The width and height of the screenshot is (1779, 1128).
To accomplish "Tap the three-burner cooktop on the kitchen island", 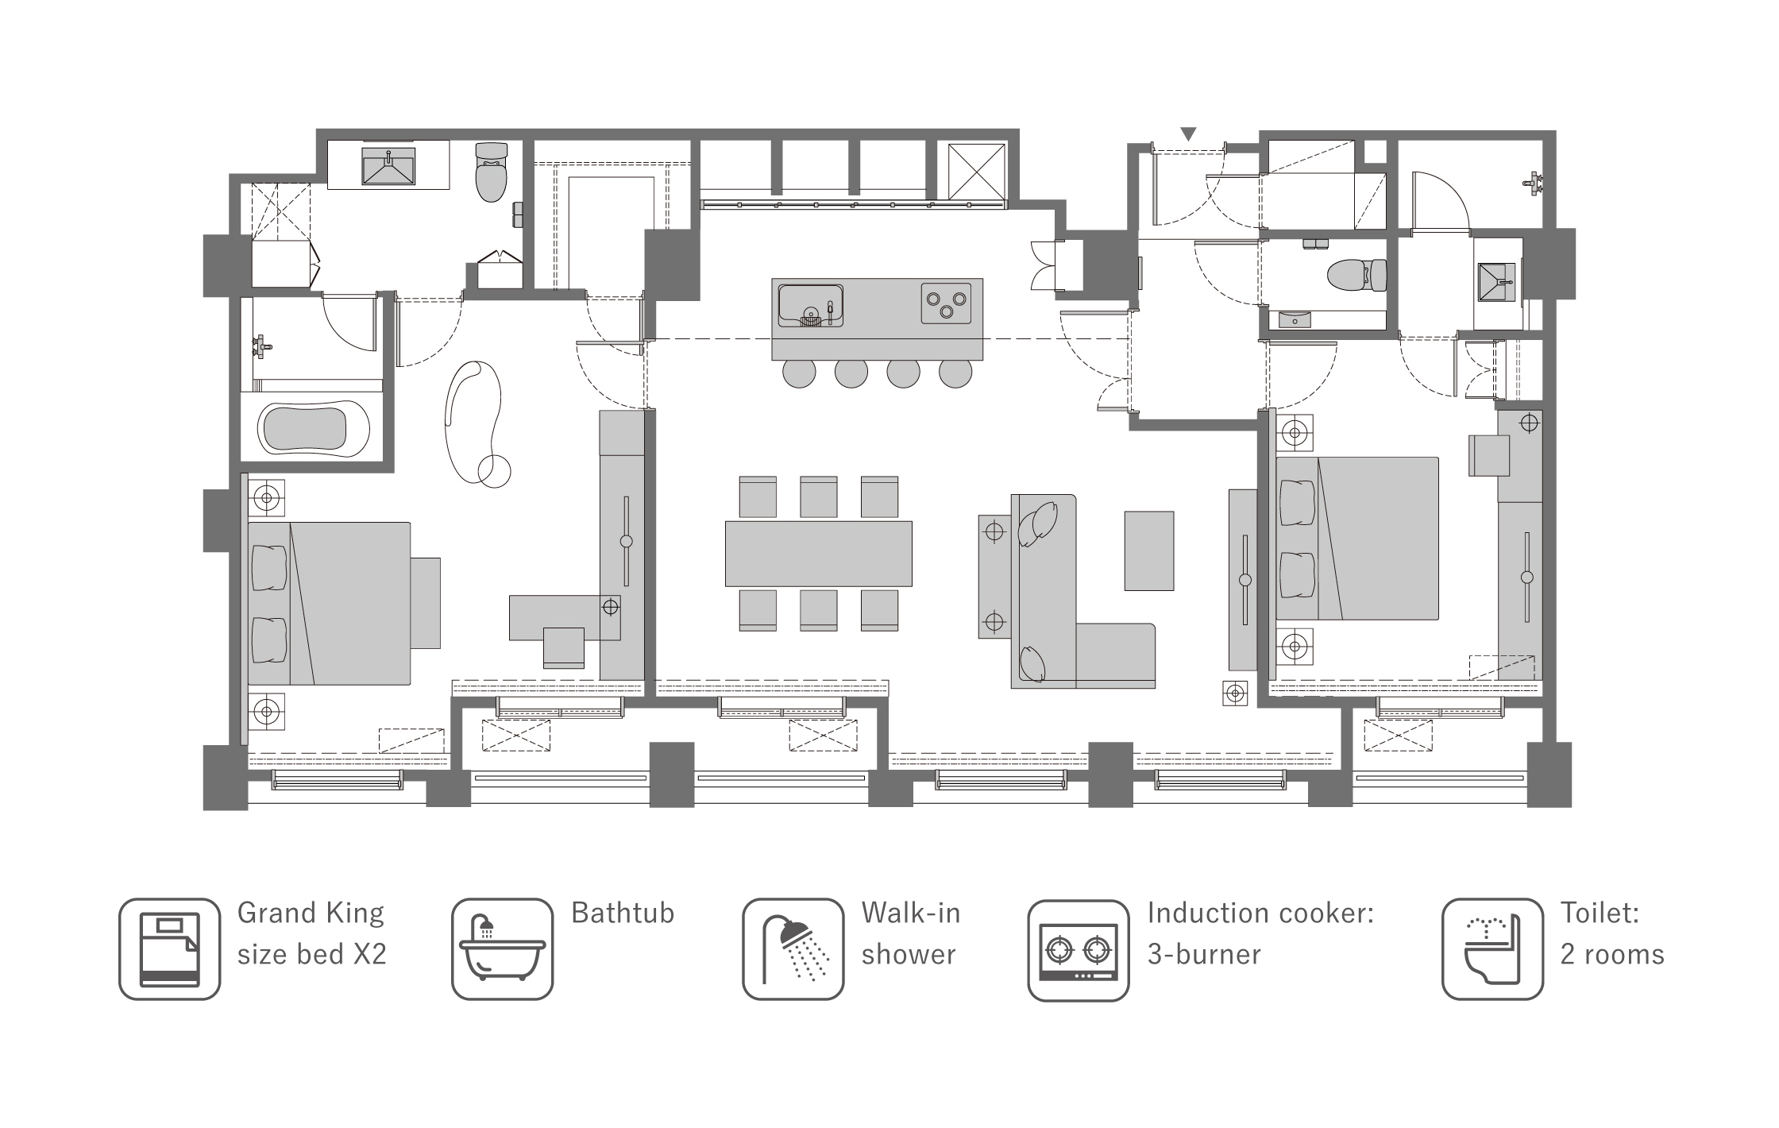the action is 947,303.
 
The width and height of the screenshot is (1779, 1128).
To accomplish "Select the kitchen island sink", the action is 810,305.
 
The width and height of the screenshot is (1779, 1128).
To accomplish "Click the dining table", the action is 818,554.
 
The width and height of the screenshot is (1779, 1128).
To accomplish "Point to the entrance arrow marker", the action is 1188,134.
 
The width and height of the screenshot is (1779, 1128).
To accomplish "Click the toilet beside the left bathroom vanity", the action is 491,172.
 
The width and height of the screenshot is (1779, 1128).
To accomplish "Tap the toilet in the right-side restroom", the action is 1356,275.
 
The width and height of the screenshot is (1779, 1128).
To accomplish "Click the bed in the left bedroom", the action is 329,603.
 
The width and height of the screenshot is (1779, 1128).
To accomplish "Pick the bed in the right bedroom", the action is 1357,538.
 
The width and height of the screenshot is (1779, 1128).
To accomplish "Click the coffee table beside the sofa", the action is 1148,550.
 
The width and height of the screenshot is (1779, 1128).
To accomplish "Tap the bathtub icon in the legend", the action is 502,949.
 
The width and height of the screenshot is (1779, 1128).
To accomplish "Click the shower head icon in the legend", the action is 793,949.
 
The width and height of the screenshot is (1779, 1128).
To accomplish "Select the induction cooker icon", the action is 1078,951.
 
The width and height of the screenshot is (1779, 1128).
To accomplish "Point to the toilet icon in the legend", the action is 1492,949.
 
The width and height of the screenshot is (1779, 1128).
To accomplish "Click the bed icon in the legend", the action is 169,949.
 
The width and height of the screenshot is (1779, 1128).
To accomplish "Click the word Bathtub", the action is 623,914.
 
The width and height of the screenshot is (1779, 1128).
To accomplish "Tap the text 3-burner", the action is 1204,954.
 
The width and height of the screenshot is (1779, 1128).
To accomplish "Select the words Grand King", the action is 311,914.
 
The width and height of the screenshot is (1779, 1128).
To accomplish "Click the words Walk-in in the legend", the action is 911,914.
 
